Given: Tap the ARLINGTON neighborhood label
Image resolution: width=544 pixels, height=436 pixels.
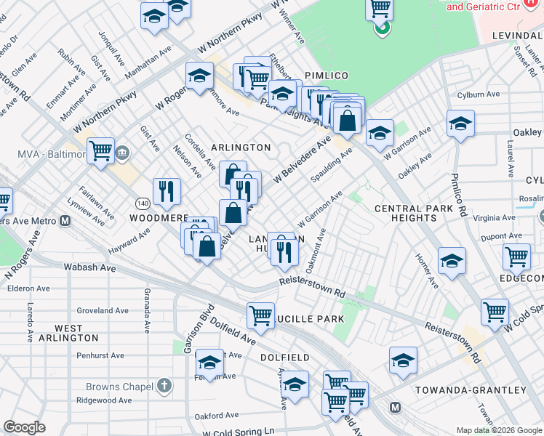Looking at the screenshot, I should tap(240, 148).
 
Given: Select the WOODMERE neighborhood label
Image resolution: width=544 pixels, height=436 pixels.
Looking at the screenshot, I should tap(159, 218).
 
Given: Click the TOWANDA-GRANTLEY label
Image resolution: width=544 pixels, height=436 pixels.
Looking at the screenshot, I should tap(471, 390).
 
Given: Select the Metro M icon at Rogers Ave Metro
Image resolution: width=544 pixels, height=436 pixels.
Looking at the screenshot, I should tap(65, 222).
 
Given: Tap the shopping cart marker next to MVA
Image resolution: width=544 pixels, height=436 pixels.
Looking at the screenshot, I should tap(101, 151).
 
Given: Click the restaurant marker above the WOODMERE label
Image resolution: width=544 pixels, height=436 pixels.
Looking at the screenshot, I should tap(167, 191).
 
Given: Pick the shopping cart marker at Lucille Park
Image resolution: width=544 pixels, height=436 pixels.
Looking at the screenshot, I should tap(260, 315).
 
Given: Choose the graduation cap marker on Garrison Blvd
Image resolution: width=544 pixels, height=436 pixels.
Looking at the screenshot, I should tap(209, 363).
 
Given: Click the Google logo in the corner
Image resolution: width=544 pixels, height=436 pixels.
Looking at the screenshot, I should tap(25, 427).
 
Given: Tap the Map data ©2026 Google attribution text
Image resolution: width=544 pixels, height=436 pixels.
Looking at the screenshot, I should tap(499, 430).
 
